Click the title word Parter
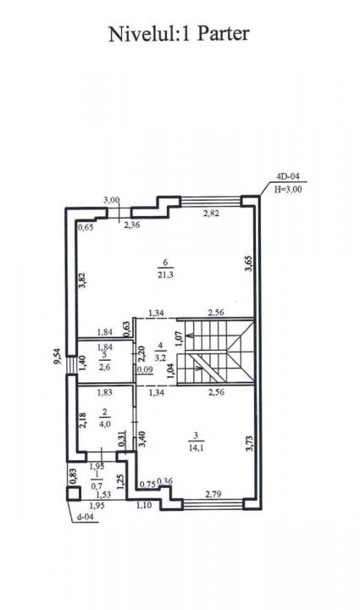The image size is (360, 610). (223, 34)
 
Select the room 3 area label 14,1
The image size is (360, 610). (196, 447)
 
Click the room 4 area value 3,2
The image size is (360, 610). (160, 358)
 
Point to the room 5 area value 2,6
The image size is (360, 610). (105, 367)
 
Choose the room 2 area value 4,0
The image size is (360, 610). (105, 424)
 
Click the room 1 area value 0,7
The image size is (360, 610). (97, 485)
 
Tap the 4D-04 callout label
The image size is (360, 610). (288, 176)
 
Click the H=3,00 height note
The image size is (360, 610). (289, 190)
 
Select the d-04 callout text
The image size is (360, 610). (86, 518)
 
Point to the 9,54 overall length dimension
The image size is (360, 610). (58, 356)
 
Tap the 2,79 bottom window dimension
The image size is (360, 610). (213, 495)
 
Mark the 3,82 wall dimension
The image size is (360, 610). (82, 280)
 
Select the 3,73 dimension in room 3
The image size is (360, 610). (250, 443)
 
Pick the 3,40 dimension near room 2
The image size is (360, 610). (142, 439)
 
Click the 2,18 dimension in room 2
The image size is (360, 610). (83, 420)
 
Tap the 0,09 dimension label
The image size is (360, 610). (145, 369)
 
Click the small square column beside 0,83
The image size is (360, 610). (73, 493)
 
